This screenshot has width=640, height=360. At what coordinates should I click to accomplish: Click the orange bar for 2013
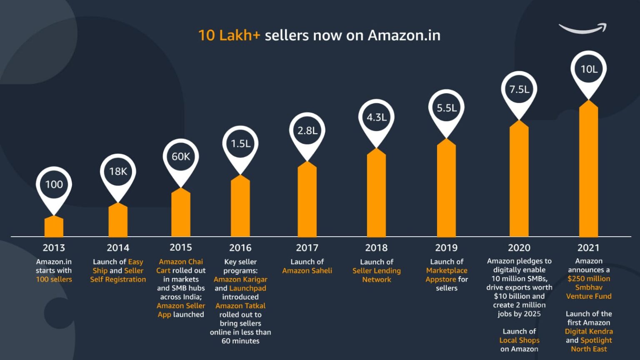(54, 227)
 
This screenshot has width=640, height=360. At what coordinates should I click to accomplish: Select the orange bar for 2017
(307, 200)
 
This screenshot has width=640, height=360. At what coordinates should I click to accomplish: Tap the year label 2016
(240, 248)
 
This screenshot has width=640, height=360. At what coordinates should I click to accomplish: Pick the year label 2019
(446, 248)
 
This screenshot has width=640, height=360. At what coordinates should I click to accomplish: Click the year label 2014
(118, 248)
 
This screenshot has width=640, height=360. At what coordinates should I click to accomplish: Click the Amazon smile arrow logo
(582, 29)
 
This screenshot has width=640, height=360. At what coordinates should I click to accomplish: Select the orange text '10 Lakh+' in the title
(229, 35)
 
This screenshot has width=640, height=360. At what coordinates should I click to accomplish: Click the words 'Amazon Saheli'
(307, 271)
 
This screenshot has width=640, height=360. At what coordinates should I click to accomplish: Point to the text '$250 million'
(588, 279)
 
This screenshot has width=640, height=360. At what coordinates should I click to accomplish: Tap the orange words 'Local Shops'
(519, 340)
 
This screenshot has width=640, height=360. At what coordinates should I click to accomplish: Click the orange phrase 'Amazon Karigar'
(240, 280)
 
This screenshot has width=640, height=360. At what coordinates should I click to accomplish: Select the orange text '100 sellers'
(54, 280)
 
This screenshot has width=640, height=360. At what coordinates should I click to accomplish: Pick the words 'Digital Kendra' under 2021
(588, 332)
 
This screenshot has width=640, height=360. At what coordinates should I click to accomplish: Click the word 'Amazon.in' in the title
(404, 35)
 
